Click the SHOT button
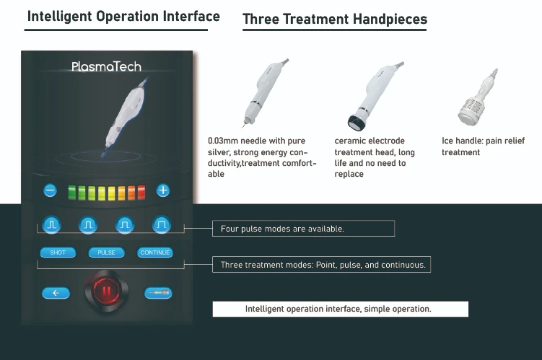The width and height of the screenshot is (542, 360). pyautogui.click(x=58, y=253)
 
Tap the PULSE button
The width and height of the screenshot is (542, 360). pyautogui.click(x=106, y=253)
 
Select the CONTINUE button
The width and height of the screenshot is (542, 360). pyautogui.click(x=155, y=253)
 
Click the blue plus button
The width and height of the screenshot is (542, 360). pyautogui.click(x=163, y=190)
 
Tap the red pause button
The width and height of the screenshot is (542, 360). pyautogui.click(x=107, y=291)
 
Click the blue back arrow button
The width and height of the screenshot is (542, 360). pyautogui.click(x=56, y=293)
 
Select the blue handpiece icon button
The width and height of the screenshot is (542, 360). pyautogui.click(x=158, y=293)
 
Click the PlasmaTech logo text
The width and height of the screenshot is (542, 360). pyautogui.click(x=106, y=66)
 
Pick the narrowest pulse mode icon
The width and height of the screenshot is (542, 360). pyautogui.click(x=51, y=225)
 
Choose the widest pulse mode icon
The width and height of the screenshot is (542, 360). pyautogui.click(x=162, y=225)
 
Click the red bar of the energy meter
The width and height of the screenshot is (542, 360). pyautogui.click(x=141, y=193)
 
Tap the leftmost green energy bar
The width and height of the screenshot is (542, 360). pyautogui.click(x=72, y=193)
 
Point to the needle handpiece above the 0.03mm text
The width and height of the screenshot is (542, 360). pyautogui.click(x=264, y=92)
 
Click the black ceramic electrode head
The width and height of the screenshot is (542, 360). pyautogui.click(x=357, y=123)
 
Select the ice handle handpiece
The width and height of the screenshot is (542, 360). pyautogui.click(x=477, y=97)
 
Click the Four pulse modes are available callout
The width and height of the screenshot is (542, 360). pyautogui.click(x=303, y=229)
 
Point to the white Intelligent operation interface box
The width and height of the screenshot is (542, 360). pyautogui.click(x=341, y=309)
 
